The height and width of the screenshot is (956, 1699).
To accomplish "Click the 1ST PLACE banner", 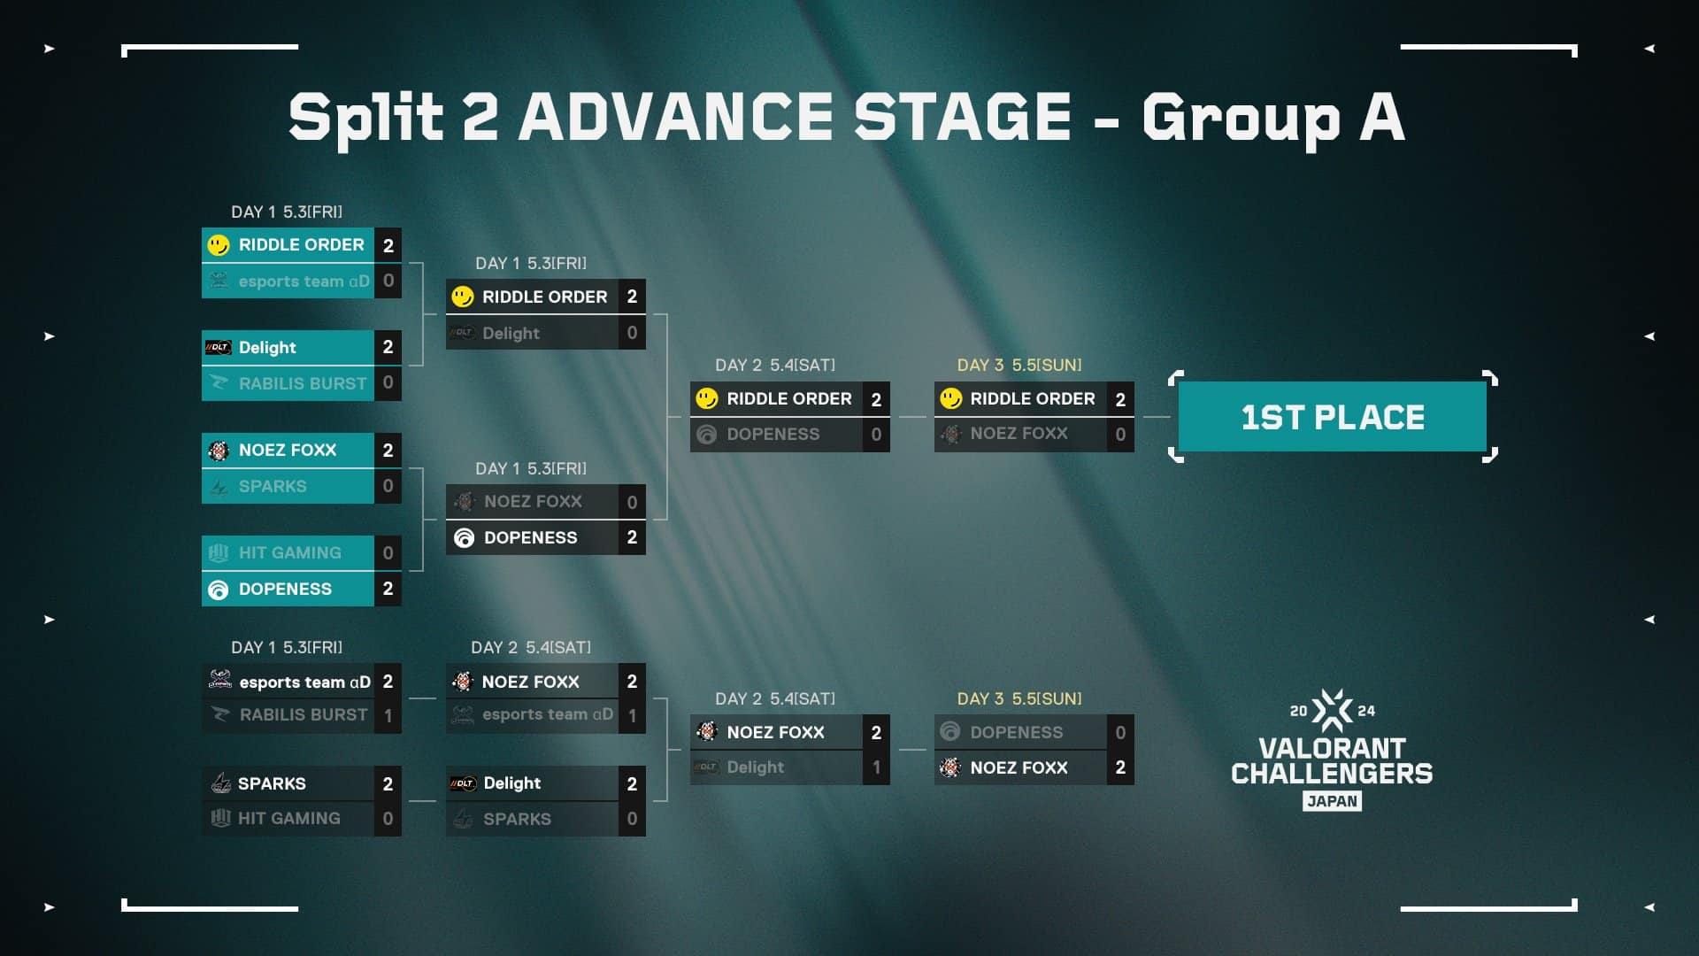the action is click(1332, 417).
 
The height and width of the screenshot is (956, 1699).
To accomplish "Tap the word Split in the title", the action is click(365, 118).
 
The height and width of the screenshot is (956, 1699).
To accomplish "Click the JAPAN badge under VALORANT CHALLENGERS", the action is click(1332, 801).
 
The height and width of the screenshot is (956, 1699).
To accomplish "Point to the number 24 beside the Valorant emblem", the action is click(1366, 711).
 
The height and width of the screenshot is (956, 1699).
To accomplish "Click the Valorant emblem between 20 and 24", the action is click(1332, 710).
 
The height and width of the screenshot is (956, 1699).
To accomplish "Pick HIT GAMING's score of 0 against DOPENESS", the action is click(388, 553).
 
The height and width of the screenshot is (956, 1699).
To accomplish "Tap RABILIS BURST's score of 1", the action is click(388, 716).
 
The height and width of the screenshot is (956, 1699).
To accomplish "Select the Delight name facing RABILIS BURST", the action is click(267, 348).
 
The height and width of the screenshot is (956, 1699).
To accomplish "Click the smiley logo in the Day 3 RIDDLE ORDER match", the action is click(950, 398).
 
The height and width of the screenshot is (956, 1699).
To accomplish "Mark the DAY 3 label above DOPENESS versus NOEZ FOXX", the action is click(980, 698).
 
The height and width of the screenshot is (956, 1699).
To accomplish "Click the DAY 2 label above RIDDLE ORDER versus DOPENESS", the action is click(738, 365).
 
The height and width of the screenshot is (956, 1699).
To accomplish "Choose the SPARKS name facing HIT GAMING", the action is click(272, 783).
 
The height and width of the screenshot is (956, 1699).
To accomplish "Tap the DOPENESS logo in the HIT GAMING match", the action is click(218, 590).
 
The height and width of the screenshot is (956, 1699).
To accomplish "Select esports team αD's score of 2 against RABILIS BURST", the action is click(388, 682).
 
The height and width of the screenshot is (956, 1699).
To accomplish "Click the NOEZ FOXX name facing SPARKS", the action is click(288, 450).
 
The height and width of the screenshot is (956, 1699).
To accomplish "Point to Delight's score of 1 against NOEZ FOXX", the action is click(876, 767).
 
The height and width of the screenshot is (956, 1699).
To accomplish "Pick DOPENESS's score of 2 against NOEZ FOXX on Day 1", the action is click(632, 537).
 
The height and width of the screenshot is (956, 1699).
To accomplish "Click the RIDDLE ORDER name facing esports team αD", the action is click(301, 244).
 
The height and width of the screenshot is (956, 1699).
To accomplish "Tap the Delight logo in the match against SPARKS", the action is click(463, 783).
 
